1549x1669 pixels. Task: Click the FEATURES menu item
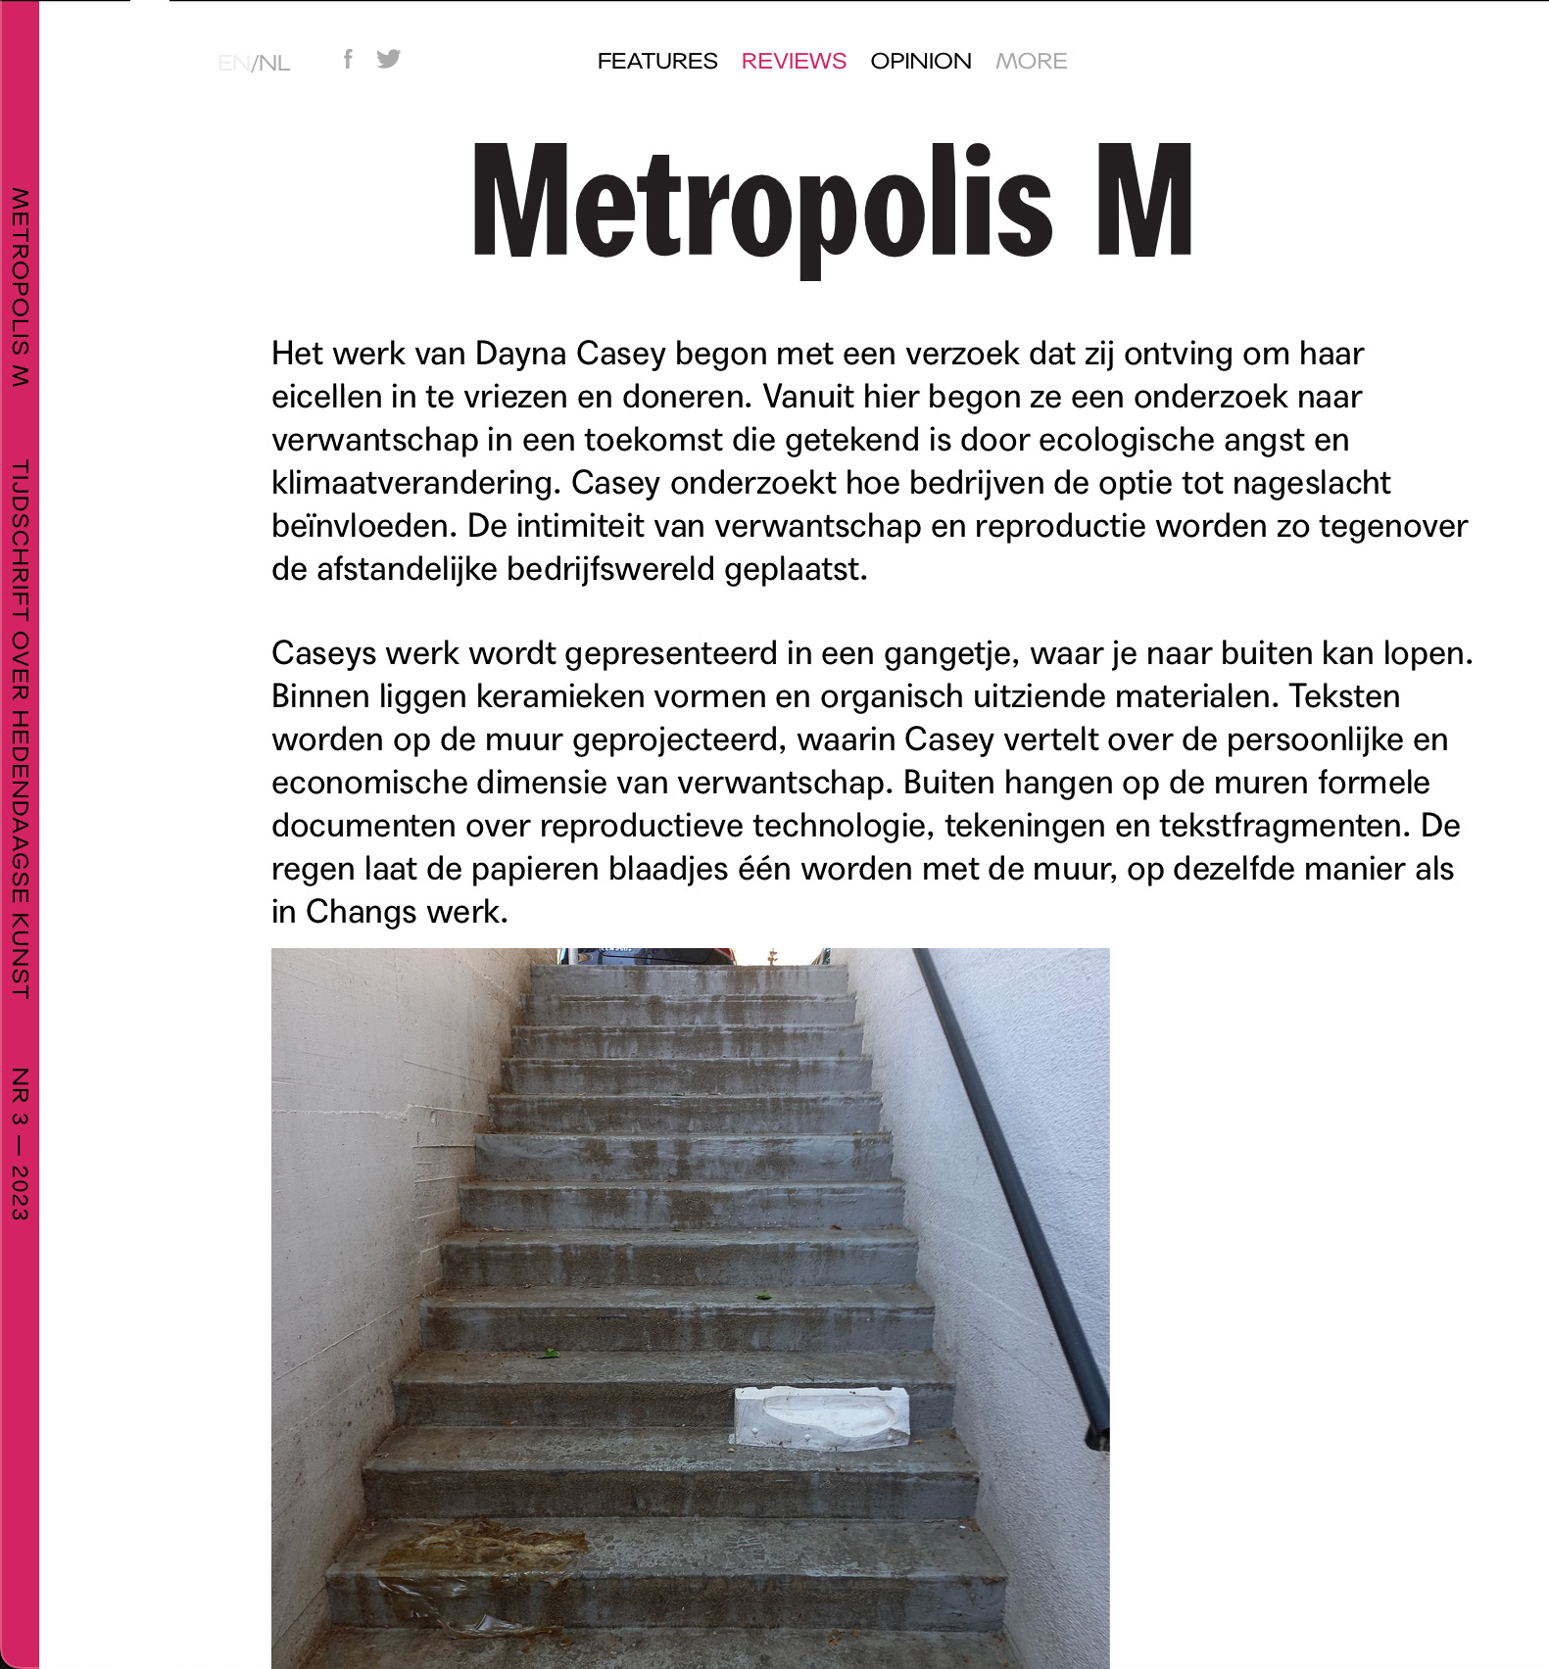(x=657, y=61)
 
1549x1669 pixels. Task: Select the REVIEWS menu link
(x=794, y=61)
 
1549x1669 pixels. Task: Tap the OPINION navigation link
(x=921, y=61)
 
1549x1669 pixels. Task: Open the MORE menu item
(x=1031, y=61)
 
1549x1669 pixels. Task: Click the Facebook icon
(x=348, y=59)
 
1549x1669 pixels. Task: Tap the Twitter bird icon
(x=389, y=59)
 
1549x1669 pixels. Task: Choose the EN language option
(x=233, y=64)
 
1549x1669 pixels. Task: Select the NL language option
(x=274, y=64)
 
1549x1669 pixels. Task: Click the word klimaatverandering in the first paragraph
(x=417, y=483)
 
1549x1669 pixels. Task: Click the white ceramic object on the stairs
(x=821, y=1417)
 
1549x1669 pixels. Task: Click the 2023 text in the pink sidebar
(x=20, y=1192)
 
